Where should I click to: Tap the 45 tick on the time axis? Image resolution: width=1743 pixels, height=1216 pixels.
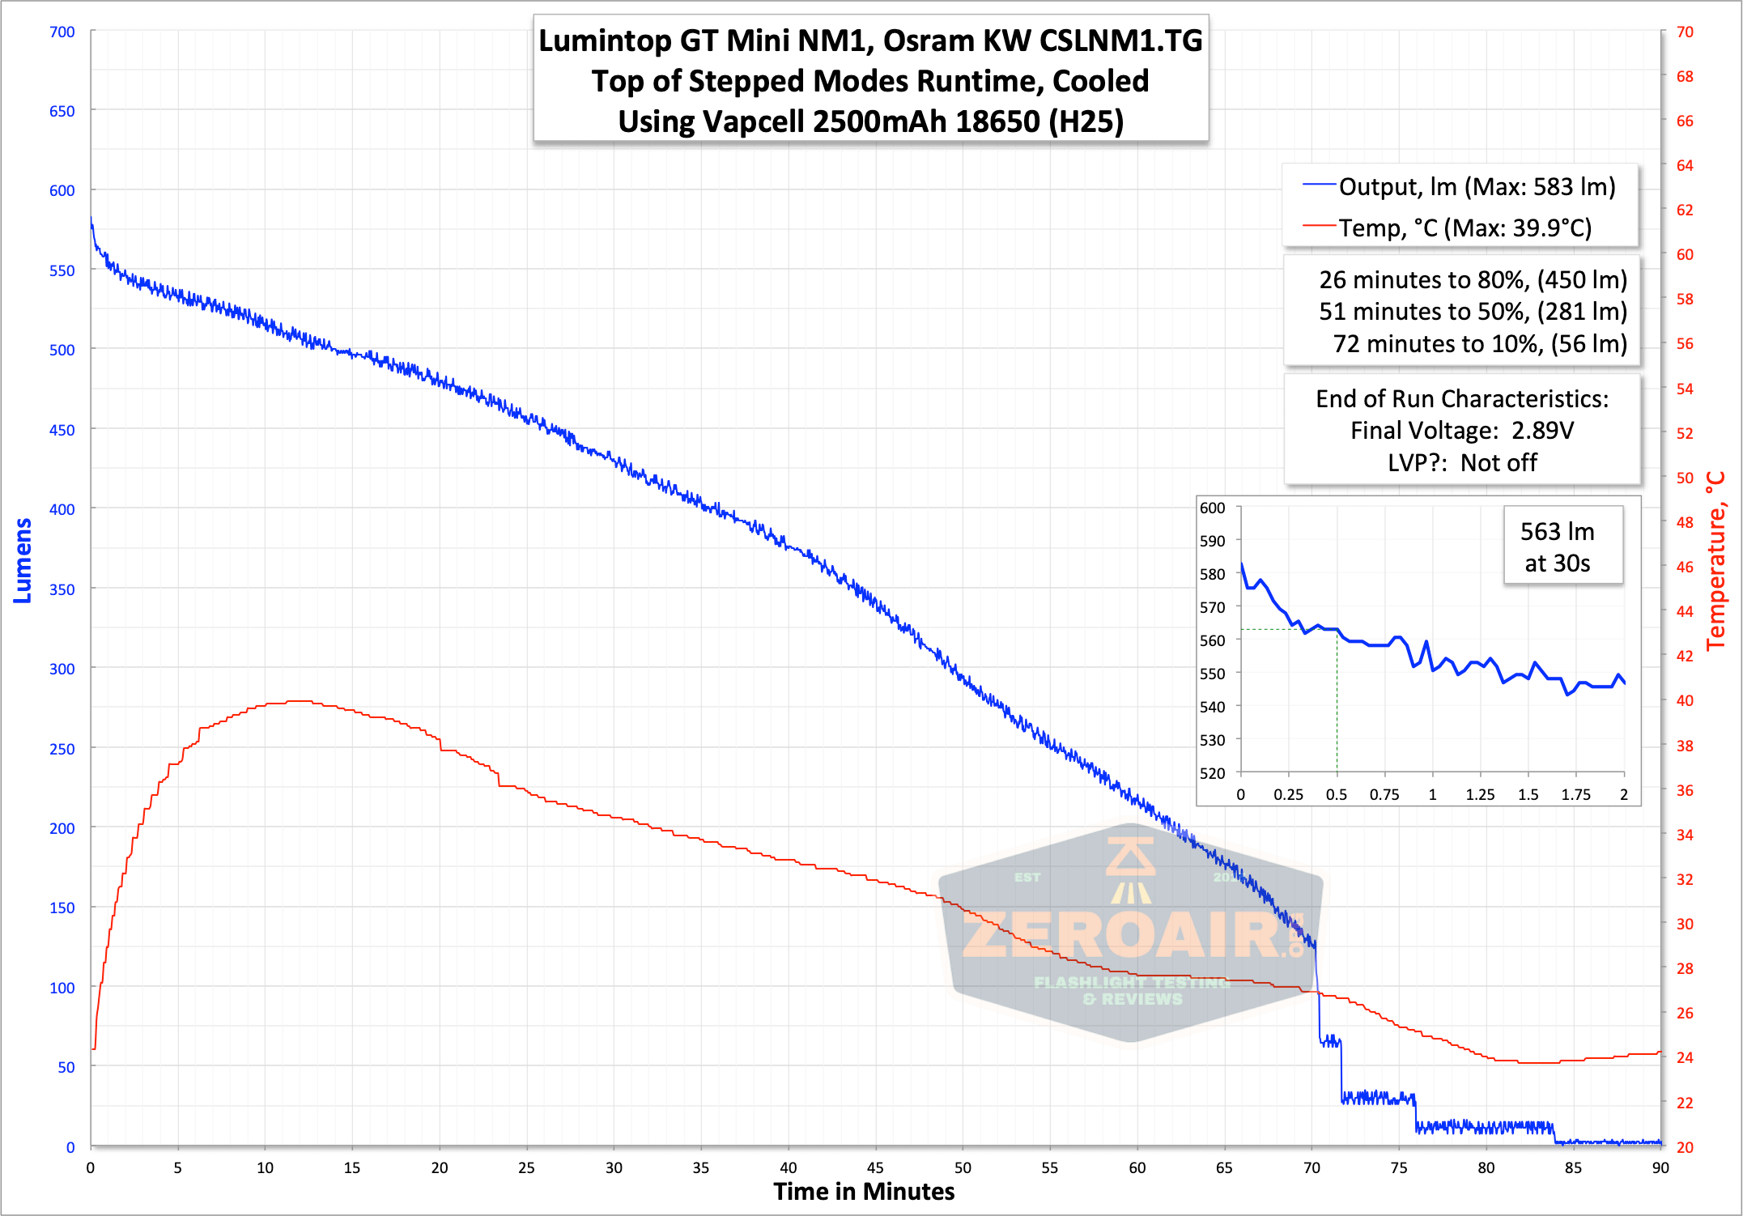click(875, 1167)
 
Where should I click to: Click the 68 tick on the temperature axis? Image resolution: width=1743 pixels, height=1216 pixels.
click(1685, 76)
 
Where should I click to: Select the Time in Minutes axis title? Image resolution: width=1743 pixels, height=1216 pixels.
click(864, 1192)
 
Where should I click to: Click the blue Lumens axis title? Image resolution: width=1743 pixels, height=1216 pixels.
click(23, 560)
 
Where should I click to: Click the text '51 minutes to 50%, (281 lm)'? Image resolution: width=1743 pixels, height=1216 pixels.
click(1473, 312)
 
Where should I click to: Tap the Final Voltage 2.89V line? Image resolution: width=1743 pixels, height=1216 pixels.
click(1462, 431)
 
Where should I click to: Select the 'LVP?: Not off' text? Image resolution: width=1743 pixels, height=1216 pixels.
click(1462, 463)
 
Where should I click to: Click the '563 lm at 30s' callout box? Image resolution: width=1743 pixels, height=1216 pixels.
click(1557, 546)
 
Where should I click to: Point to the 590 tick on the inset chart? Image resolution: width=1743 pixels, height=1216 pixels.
click(1212, 541)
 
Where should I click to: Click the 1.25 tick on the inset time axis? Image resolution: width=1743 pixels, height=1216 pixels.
click(1480, 795)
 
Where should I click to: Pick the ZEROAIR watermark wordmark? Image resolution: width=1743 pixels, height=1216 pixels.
click(1132, 935)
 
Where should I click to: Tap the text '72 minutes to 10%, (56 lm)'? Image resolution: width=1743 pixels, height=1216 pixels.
click(1479, 344)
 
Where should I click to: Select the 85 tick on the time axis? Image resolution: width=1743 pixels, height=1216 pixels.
click(1573, 1167)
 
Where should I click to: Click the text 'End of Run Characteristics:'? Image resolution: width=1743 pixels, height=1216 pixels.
click(1462, 399)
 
